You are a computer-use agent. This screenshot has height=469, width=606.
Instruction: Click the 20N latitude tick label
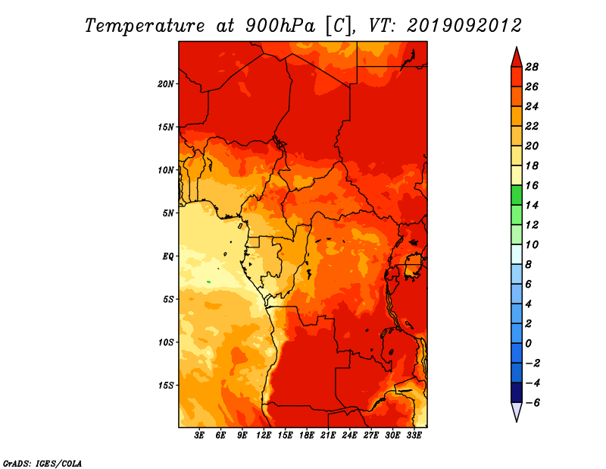(166, 84)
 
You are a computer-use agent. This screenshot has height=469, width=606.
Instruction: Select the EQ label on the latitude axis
(168, 257)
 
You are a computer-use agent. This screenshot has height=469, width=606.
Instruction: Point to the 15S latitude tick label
(166, 386)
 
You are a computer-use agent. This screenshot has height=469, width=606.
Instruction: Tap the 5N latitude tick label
(168, 213)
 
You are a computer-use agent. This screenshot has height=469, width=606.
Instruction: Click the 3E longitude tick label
(199, 435)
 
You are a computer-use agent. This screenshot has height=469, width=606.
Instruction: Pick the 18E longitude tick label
(307, 435)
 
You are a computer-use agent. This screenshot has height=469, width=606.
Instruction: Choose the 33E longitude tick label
(414, 435)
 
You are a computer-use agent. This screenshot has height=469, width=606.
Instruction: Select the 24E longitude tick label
(349, 435)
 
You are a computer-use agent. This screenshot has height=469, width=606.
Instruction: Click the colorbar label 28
(532, 67)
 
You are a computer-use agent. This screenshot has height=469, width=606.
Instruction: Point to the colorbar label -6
(533, 403)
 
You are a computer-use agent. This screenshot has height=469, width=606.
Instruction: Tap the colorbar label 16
(532, 185)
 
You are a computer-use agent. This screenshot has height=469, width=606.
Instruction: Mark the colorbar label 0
(528, 344)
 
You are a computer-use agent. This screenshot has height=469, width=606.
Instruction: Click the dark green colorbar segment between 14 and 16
(517, 195)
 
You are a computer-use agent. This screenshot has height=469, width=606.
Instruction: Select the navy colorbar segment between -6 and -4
(517, 392)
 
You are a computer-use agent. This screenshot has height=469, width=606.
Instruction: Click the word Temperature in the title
(145, 26)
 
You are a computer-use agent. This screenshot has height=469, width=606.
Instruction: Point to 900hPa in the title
(280, 26)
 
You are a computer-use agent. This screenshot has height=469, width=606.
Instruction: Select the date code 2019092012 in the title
(464, 26)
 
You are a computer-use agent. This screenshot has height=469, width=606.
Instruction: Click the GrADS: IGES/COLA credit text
(42, 464)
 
